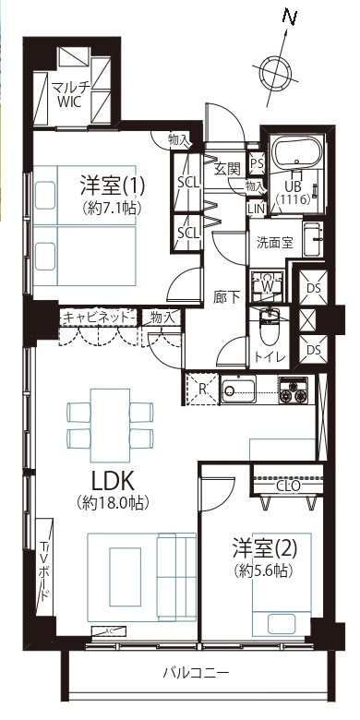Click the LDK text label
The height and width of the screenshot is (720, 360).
click(x=113, y=481)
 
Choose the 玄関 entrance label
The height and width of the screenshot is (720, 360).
click(x=227, y=168)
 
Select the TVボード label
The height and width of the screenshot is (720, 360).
click(x=42, y=573)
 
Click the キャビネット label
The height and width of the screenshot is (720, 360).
click(x=98, y=317)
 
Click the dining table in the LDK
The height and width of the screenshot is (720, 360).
click(x=108, y=422)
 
